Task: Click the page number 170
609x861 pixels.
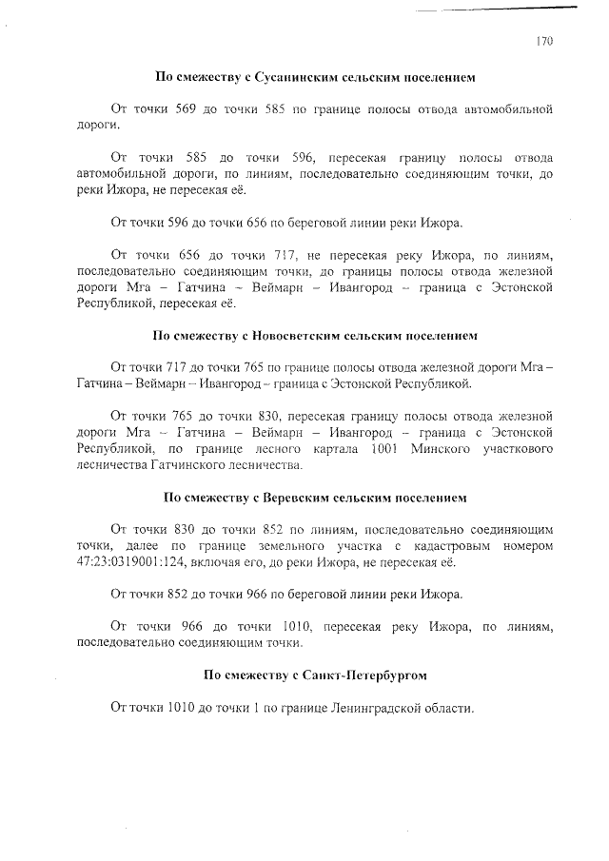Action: (544, 41)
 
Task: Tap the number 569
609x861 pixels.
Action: (187, 109)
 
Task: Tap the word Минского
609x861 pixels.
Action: (427, 448)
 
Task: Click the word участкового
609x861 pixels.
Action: (512, 448)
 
